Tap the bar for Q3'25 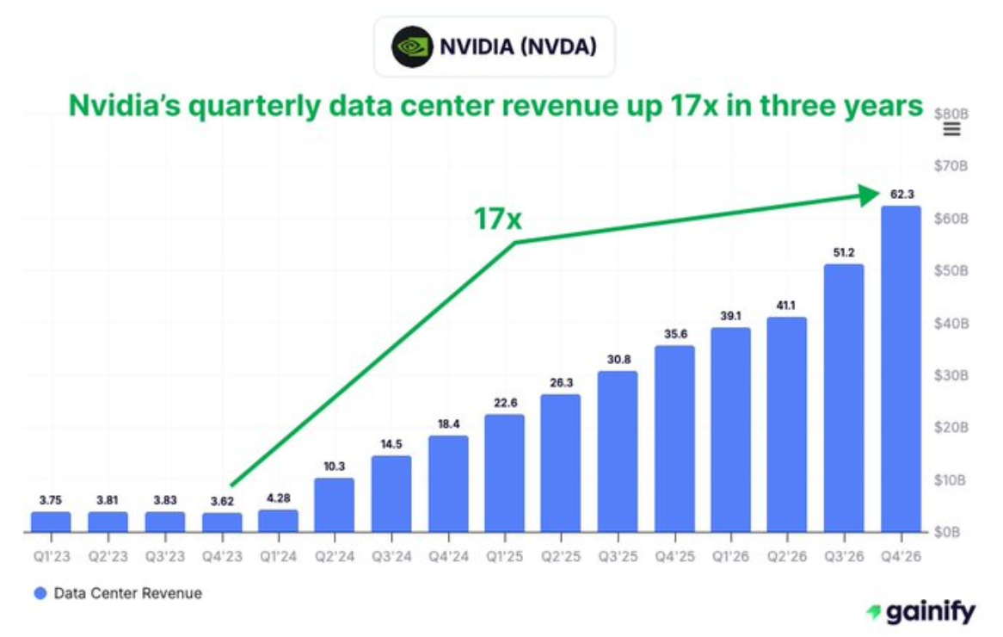click(618, 451)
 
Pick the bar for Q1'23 click(51, 522)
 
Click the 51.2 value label click(844, 253)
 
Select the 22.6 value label click(504, 403)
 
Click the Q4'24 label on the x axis click(448, 557)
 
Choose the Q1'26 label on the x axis click(730, 557)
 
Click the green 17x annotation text click(498, 220)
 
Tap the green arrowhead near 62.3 click(870, 194)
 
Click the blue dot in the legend click(40, 593)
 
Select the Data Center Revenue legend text click(127, 593)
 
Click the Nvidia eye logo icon click(412, 46)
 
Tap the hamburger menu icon click(952, 130)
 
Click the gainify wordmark click(930, 612)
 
